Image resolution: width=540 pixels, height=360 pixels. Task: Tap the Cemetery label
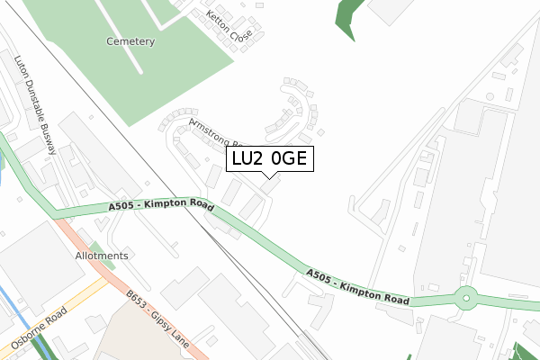130,41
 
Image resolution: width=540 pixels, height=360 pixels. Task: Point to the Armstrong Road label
216,135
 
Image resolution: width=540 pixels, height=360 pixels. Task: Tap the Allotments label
102,256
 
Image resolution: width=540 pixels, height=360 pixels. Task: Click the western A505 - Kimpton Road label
161,206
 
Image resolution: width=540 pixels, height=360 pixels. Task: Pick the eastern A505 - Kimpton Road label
357,286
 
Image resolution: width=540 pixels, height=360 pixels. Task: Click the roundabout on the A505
466,297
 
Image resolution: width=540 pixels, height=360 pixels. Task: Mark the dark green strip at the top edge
347,16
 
